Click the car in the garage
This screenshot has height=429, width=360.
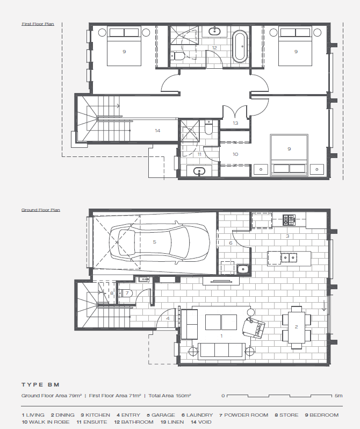[x=160, y=242]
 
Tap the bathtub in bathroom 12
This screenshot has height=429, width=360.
[x=240, y=46]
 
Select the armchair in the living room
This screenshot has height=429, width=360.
[x=254, y=327]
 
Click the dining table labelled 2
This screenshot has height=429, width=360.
[x=297, y=327]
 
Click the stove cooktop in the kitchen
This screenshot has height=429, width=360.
[x=289, y=220]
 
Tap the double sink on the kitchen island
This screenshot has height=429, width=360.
[x=289, y=258]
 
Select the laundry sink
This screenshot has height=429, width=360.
[x=243, y=269]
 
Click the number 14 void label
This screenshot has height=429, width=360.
[x=157, y=131]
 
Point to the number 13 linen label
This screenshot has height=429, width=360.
[x=235, y=123]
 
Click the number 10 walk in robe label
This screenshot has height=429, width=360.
[x=235, y=154]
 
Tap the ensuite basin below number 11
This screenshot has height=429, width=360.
[x=199, y=171]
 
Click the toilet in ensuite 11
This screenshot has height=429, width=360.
[x=208, y=127]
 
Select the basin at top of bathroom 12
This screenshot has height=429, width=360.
[x=215, y=31]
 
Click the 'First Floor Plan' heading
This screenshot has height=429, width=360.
[x=38, y=24]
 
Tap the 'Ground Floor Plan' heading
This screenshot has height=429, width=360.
[x=41, y=210]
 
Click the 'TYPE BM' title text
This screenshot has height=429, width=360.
[x=40, y=385]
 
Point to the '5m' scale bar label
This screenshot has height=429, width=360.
[x=339, y=396]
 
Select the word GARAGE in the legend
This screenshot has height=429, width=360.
[x=163, y=415]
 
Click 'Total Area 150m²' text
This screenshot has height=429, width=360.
[x=170, y=396]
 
